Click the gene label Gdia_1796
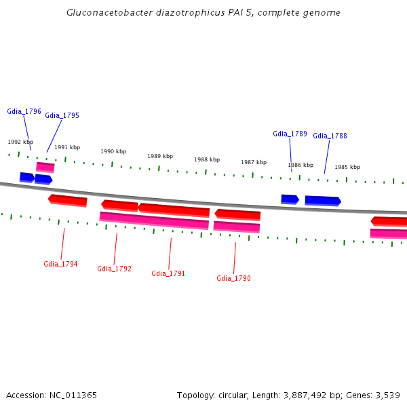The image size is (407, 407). (x=24, y=111)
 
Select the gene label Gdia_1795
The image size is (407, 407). (x=62, y=115)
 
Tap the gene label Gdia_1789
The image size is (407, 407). (x=290, y=134)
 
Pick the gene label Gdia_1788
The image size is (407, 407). (x=330, y=136)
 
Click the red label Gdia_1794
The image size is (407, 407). (x=60, y=264)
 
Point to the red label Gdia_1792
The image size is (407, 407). (x=114, y=269)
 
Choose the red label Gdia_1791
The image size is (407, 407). (x=168, y=273)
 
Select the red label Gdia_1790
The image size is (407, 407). (x=233, y=278)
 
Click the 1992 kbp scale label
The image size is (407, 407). (x=20, y=142)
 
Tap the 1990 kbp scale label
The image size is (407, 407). (x=113, y=152)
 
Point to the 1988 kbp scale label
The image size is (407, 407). (x=207, y=160)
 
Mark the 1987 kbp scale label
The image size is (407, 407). (x=254, y=163)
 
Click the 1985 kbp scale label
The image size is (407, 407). (x=347, y=167)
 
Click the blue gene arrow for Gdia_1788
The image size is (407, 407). (x=322, y=201)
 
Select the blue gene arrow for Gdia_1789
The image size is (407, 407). (x=290, y=199)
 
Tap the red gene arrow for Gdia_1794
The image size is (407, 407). (x=68, y=200)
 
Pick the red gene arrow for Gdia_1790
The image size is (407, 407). (x=237, y=214)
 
